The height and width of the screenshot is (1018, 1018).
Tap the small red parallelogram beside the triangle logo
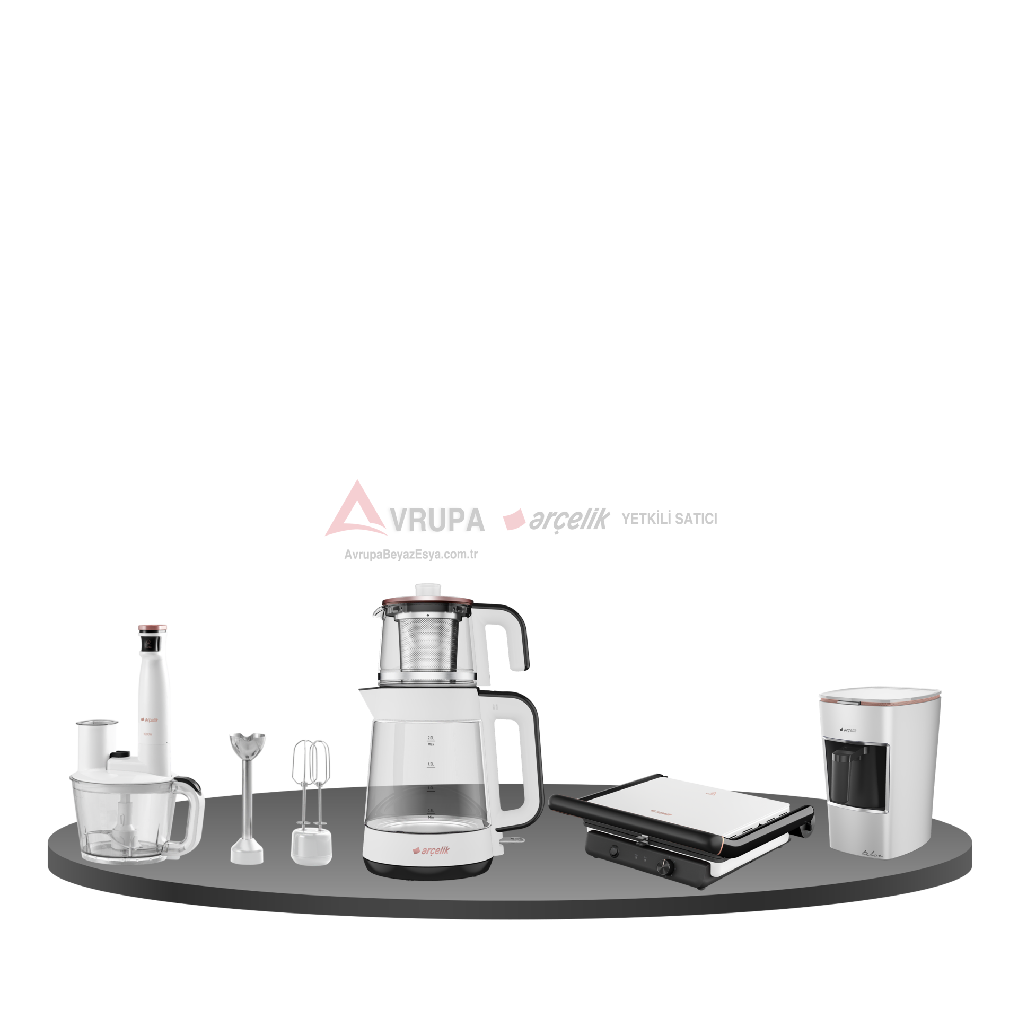(x=514, y=520)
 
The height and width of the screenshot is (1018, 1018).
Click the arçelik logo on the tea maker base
(x=431, y=850)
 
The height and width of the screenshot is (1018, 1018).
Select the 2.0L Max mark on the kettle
(x=431, y=741)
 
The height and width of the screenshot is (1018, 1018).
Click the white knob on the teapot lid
(x=428, y=590)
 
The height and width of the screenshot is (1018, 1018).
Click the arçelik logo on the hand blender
(x=150, y=720)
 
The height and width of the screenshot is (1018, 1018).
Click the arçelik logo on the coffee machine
(x=848, y=730)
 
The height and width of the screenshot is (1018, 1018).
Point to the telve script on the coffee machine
(x=872, y=854)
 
